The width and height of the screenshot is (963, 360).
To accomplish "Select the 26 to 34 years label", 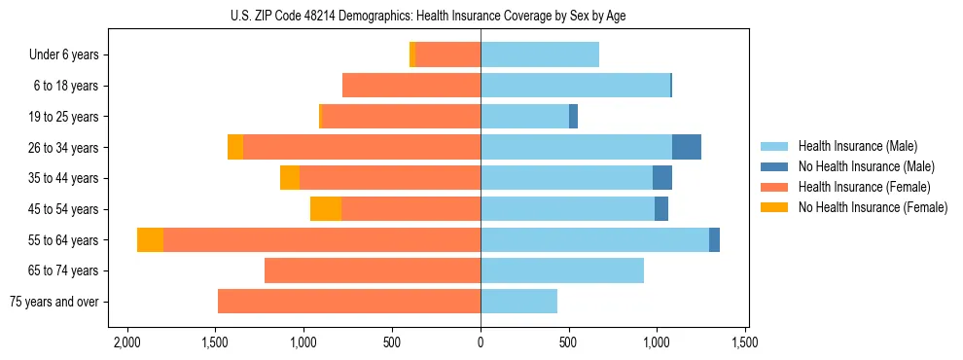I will (64, 148).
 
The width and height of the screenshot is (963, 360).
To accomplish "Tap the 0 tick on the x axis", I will (481, 342).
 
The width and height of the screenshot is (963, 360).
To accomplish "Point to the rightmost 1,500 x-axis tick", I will (745, 342).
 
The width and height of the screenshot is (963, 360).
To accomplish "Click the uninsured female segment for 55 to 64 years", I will (150, 240).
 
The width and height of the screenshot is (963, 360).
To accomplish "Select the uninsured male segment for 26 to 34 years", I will (687, 147).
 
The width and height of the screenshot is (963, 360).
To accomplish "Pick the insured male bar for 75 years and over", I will (518, 302).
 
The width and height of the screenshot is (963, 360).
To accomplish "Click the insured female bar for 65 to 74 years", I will (373, 270).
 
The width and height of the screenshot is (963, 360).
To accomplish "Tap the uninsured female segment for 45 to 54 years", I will (326, 209).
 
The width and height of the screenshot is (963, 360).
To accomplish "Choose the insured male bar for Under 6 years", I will (540, 55).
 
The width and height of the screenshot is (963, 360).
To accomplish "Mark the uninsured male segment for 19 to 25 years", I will (574, 117).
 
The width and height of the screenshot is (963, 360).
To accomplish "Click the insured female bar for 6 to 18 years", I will (411, 86).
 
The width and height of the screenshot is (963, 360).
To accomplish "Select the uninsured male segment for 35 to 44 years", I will (662, 178).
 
